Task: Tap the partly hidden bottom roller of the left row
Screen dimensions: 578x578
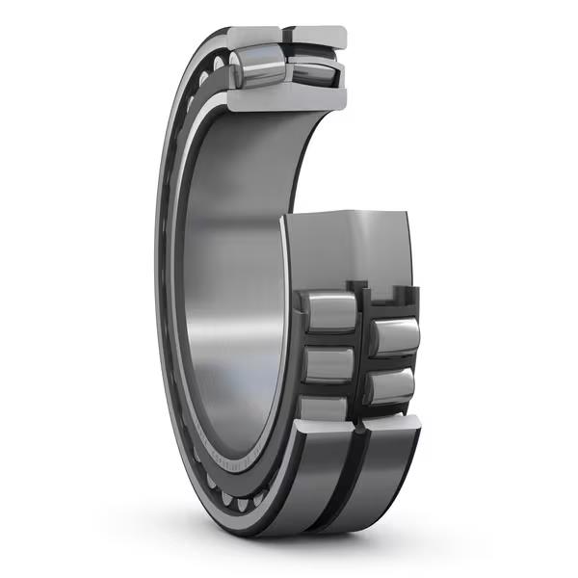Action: point(323,407)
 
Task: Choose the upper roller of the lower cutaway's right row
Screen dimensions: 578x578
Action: point(395,338)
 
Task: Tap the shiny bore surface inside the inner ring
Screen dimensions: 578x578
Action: point(231,289)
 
